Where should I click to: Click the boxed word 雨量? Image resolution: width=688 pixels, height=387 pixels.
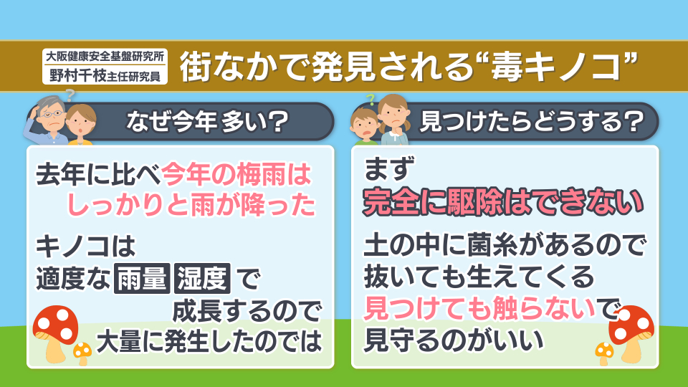(142, 278)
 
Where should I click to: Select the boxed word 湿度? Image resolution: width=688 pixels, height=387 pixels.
(202, 278)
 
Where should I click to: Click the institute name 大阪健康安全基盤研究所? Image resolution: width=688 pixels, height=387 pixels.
(105, 56)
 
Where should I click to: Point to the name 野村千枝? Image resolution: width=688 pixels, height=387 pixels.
(78, 75)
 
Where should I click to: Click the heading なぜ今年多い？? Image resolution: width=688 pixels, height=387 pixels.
(207, 122)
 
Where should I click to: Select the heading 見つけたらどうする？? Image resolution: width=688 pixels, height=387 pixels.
(531, 122)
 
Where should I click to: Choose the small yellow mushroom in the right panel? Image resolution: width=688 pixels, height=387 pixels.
(604, 353)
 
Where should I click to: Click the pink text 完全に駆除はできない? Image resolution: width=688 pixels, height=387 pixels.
(503, 202)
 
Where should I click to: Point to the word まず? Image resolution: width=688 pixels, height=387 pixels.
(389, 169)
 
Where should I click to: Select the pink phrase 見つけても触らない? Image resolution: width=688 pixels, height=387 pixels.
(480, 308)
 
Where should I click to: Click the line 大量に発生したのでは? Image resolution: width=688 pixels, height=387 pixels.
(209, 342)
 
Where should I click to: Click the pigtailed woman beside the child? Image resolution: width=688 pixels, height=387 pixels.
(394, 120)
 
